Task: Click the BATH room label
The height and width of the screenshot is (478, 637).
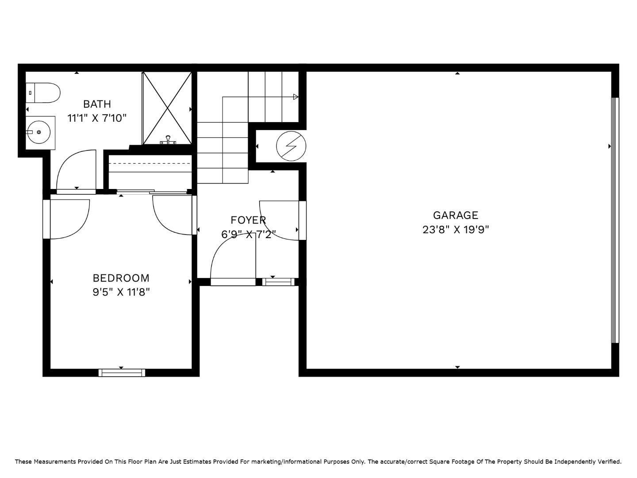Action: (97, 104)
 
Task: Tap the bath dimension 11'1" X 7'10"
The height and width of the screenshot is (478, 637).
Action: (97, 118)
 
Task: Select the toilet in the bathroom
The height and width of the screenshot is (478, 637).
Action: (43, 93)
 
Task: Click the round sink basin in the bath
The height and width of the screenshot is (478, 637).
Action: (39, 132)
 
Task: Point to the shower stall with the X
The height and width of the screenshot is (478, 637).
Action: (167, 108)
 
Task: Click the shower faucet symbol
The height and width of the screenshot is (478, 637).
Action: (168, 140)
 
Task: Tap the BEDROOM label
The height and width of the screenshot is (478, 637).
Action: (121, 278)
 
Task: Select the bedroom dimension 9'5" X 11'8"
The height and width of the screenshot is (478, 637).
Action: (121, 292)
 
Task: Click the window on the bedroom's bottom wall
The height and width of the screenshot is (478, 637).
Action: (122, 373)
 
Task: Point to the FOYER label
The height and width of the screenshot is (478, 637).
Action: (248, 220)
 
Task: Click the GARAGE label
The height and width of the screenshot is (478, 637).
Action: (456, 215)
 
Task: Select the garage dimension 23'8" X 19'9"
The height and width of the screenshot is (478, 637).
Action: (456, 230)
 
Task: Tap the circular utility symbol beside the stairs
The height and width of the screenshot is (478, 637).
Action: (291, 146)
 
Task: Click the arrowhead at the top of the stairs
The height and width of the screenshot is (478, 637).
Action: (295, 97)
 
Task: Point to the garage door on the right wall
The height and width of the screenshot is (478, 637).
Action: (614, 220)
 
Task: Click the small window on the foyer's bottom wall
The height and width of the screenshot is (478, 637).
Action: (278, 281)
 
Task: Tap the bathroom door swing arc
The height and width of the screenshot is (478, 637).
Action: (75, 170)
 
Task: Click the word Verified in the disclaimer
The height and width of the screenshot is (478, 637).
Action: (610, 462)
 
